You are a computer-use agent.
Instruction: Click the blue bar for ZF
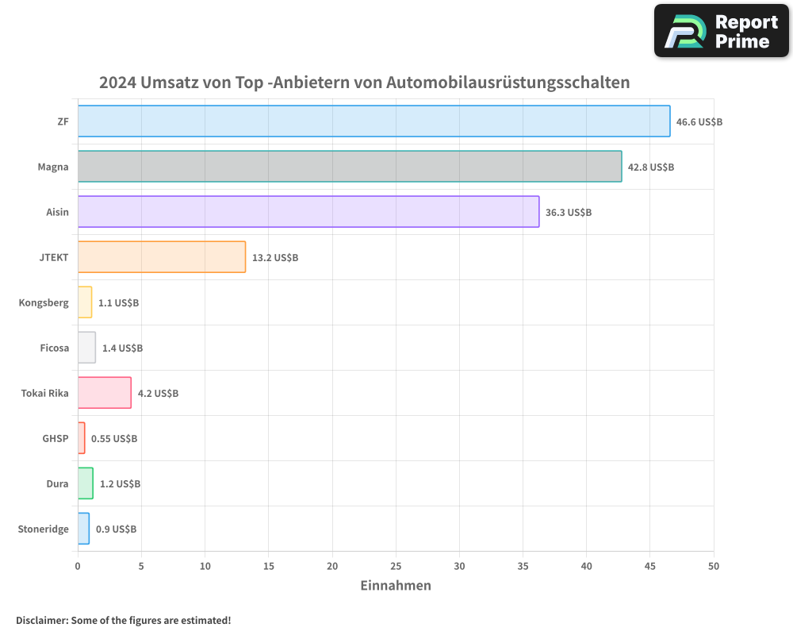tap(374, 121)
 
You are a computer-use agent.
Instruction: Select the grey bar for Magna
tap(350, 167)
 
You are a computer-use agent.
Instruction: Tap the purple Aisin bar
tap(308, 212)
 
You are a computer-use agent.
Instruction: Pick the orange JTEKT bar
tap(162, 257)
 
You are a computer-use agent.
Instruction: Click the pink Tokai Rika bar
tap(105, 393)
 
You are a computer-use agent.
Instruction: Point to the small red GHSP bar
tap(82, 438)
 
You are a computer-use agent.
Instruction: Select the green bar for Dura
tap(86, 483)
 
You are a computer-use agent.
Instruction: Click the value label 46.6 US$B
tap(699, 122)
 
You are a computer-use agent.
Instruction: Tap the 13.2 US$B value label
tap(275, 258)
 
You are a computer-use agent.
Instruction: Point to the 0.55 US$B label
tap(114, 439)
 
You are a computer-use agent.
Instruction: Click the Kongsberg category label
tap(44, 303)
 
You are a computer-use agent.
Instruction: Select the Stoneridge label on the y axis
tap(43, 529)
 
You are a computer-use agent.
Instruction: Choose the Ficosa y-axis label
tap(54, 348)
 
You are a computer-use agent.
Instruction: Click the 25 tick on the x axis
tap(396, 567)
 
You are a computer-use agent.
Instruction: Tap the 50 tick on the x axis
tap(714, 567)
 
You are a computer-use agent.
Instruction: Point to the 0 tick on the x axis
tap(78, 567)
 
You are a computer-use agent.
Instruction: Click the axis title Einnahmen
tap(396, 586)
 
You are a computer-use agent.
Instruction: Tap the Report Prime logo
tap(721, 31)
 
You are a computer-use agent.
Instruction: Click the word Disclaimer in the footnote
tap(40, 620)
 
